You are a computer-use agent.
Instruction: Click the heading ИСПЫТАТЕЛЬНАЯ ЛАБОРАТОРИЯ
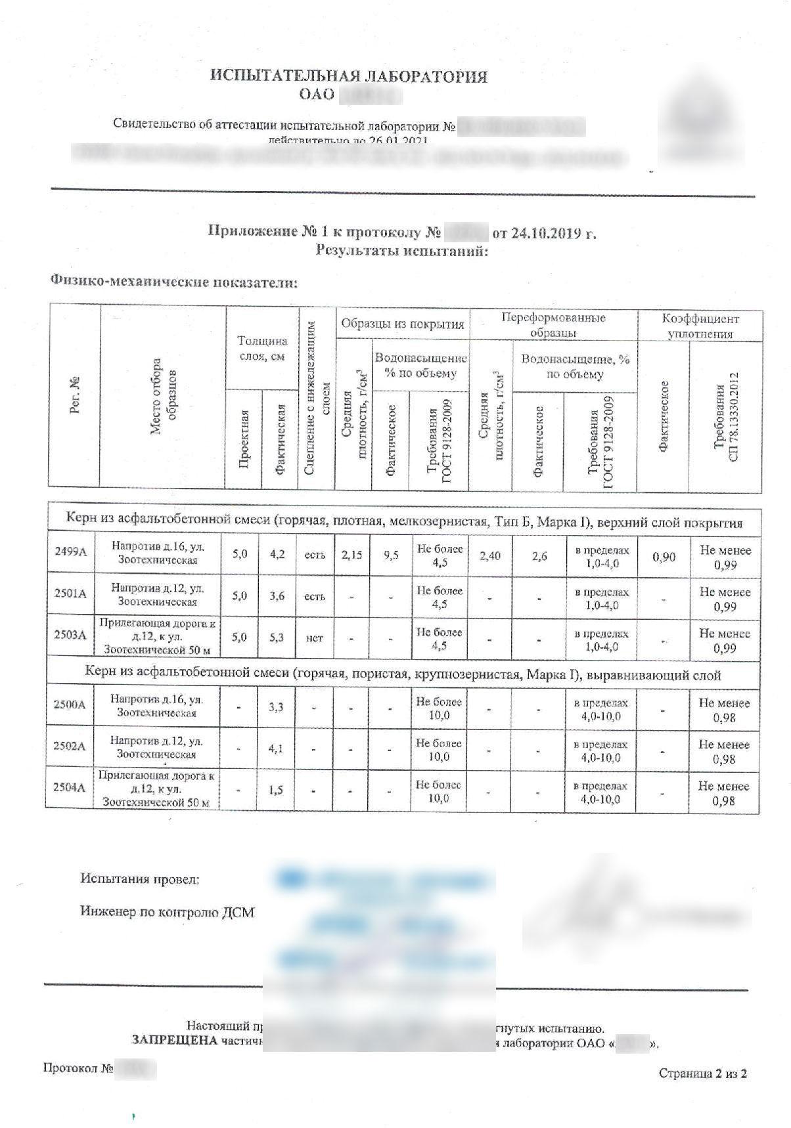(x=349, y=76)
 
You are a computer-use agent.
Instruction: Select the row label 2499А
(x=70, y=552)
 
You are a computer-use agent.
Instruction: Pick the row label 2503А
(x=70, y=636)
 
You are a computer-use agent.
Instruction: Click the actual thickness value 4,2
(x=277, y=554)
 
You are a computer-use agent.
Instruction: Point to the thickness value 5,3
(x=277, y=637)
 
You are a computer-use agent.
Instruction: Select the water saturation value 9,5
(x=391, y=555)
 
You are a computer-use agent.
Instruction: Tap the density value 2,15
(x=351, y=555)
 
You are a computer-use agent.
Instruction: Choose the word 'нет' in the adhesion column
(x=315, y=638)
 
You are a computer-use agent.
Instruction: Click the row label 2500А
(x=70, y=705)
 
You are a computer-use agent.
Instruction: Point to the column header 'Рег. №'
(x=74, y=395)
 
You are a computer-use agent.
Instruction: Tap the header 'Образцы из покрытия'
(x=402, y=324)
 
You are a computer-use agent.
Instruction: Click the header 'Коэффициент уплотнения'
(x=700, y=326)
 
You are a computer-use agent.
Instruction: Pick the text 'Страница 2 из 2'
(x=702, y=1074)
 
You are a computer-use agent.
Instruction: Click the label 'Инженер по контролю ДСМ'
(x=167, y=912)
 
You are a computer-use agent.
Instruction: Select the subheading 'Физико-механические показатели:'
(x=174, y=282)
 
